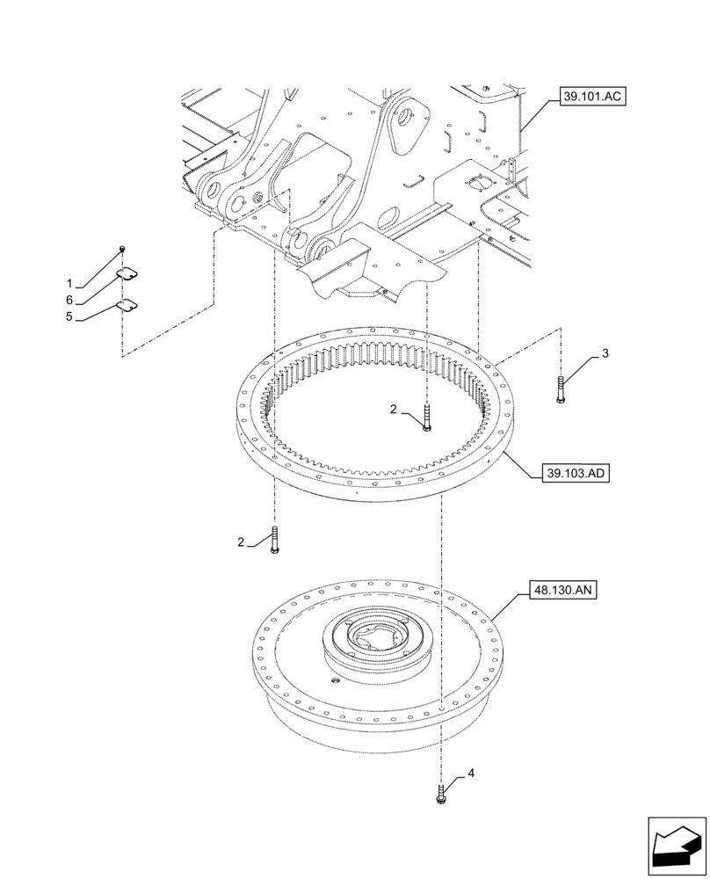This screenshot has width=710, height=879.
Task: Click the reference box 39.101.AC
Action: tap(590, 98)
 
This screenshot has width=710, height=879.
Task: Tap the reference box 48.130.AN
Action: tap(564, 590)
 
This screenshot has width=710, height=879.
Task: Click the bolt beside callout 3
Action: tap(560, 389)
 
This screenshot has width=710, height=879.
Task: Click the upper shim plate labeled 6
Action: tap(129, 274)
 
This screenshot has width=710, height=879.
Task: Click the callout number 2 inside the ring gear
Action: tap(395, 409)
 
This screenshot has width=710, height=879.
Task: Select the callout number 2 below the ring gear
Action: tap(241, 542)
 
